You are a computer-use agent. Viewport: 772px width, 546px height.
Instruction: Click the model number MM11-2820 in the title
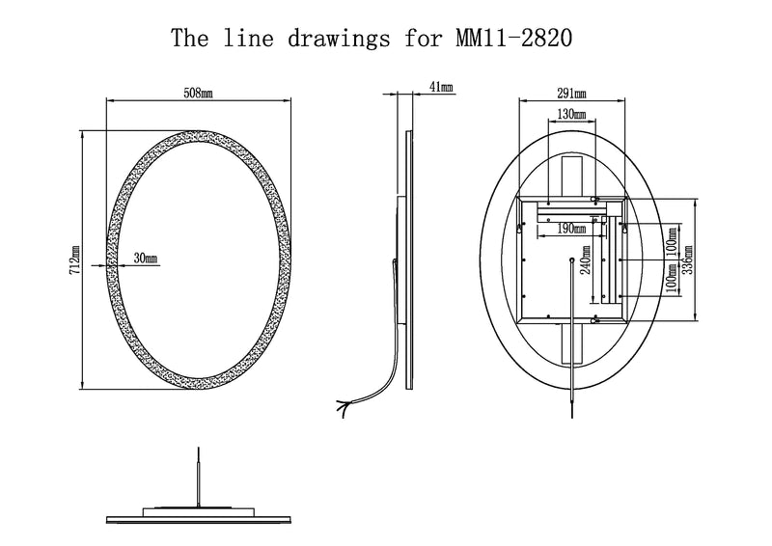514,38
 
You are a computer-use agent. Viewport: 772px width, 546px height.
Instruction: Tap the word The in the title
190,38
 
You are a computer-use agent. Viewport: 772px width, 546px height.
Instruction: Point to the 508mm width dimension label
199,93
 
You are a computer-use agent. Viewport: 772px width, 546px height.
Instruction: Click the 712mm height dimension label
75,259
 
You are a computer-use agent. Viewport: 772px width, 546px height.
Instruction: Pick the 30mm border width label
146,258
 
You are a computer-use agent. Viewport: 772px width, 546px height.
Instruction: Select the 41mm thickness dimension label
441,87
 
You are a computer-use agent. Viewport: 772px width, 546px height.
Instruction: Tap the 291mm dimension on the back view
571,93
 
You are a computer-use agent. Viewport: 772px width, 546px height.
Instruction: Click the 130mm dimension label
571,114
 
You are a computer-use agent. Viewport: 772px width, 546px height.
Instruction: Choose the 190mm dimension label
571,229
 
